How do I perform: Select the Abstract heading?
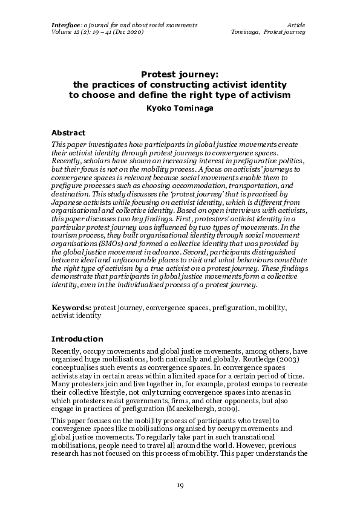pos(68,132)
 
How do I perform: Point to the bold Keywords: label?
pos(71,308)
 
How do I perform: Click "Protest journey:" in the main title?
pos(180,74)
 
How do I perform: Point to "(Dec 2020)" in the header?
pos(129,31)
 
